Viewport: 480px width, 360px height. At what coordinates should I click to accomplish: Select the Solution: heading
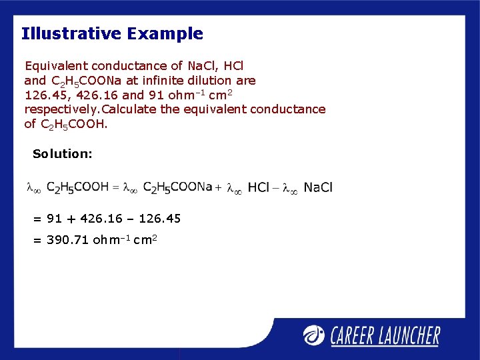[63, 154]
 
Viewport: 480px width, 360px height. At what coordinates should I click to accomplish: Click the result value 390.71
[68, 240]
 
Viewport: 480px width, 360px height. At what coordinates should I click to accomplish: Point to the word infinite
[165, 81]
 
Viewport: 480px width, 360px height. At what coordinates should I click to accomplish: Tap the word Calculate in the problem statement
[129, 109]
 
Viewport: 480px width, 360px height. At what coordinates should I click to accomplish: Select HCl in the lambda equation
[259, 188]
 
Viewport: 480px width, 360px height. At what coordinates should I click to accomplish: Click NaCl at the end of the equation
[318, 188]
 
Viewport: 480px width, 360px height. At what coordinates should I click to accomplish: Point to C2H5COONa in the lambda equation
[177, 188]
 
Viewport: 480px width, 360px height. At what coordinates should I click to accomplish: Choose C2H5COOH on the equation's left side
[77, 188]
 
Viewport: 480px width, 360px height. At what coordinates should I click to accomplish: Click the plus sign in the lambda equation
[218, 188]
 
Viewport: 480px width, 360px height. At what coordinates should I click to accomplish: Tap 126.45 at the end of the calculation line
[158, 219]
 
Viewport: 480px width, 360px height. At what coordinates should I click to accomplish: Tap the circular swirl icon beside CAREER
[315, 335]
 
